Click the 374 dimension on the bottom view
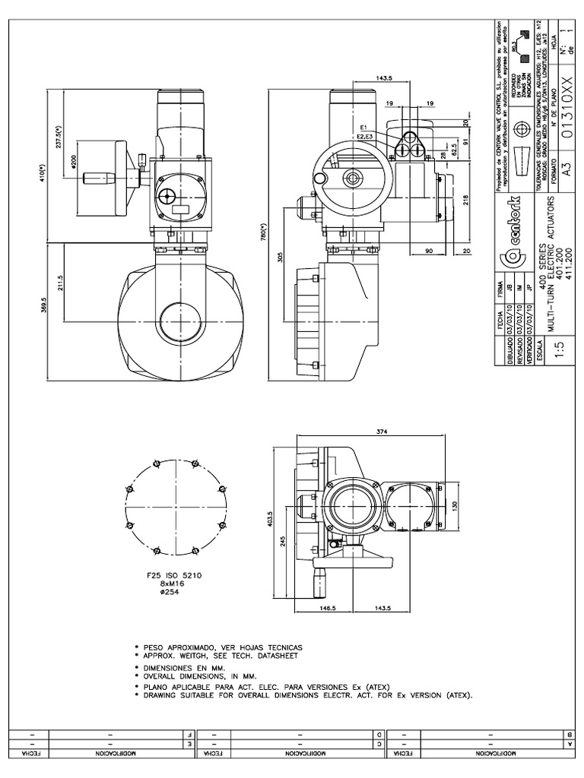382,432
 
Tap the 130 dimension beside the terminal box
455,505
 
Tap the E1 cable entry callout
364,126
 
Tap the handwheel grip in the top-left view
97,179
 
